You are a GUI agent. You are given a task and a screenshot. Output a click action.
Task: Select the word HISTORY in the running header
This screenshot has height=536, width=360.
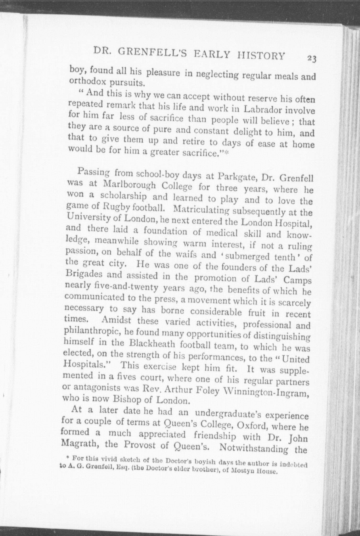pos(261,55)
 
